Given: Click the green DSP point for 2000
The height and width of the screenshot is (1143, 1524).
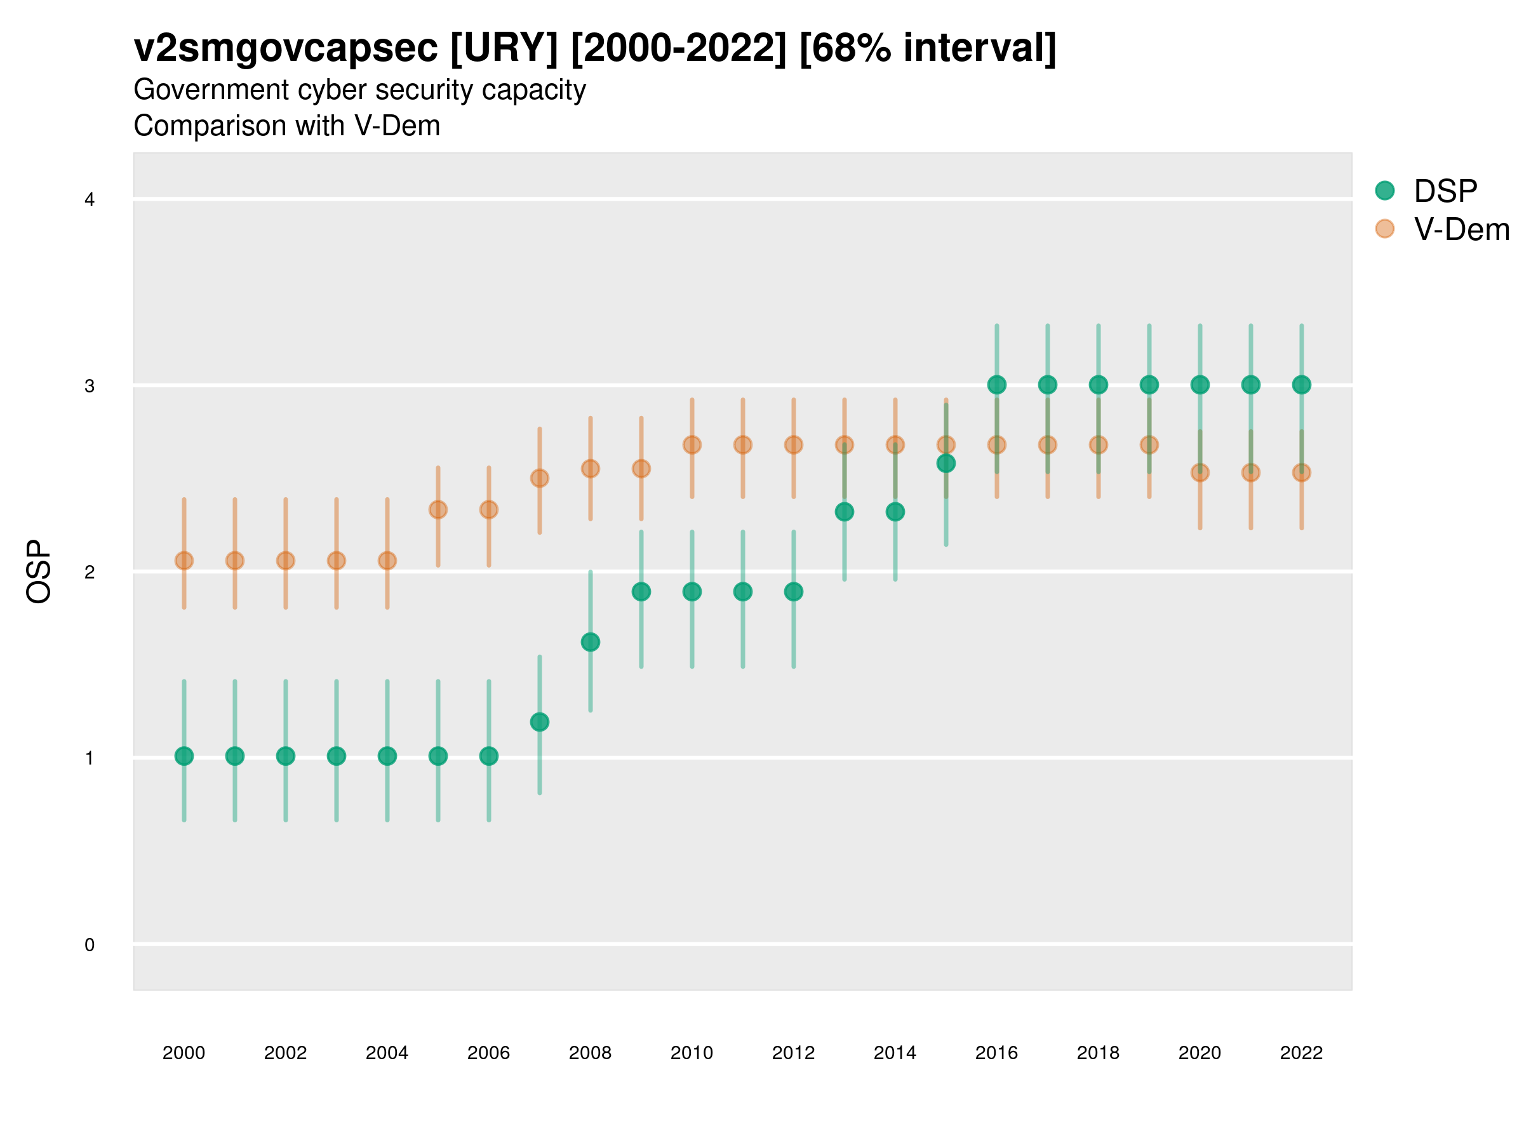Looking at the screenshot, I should (184, 756).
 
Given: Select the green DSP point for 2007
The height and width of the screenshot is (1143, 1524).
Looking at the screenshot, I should (540, 722).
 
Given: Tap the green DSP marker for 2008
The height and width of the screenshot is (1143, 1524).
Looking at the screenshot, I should (591, 642).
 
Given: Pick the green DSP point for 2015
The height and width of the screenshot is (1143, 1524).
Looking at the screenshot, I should (946, 463).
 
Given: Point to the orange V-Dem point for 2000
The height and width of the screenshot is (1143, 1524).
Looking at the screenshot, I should (184, 561).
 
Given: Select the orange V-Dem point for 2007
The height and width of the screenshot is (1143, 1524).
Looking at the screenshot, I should (540, 478).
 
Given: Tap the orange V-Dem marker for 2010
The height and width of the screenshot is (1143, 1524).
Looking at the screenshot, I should (692, 445).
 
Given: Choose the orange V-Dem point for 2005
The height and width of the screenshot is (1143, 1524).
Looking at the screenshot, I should (438, 510).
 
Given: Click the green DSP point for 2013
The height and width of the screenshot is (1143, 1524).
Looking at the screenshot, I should (844, 512).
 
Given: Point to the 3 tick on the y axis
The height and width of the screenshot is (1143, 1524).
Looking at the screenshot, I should (90, 386).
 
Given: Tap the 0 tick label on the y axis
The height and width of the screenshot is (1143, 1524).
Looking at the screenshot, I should (90, 945).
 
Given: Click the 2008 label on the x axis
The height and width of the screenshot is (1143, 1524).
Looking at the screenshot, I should (591, 1053).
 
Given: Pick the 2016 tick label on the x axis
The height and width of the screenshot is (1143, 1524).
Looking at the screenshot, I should (996, 1053).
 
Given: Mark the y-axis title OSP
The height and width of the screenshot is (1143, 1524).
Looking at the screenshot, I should (39, 572).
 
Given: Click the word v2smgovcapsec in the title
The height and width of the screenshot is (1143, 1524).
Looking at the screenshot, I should (285, 48).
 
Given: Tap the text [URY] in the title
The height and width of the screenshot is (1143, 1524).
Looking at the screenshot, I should (504, 48).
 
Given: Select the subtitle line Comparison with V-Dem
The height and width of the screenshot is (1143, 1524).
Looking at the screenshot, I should (286, 126).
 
